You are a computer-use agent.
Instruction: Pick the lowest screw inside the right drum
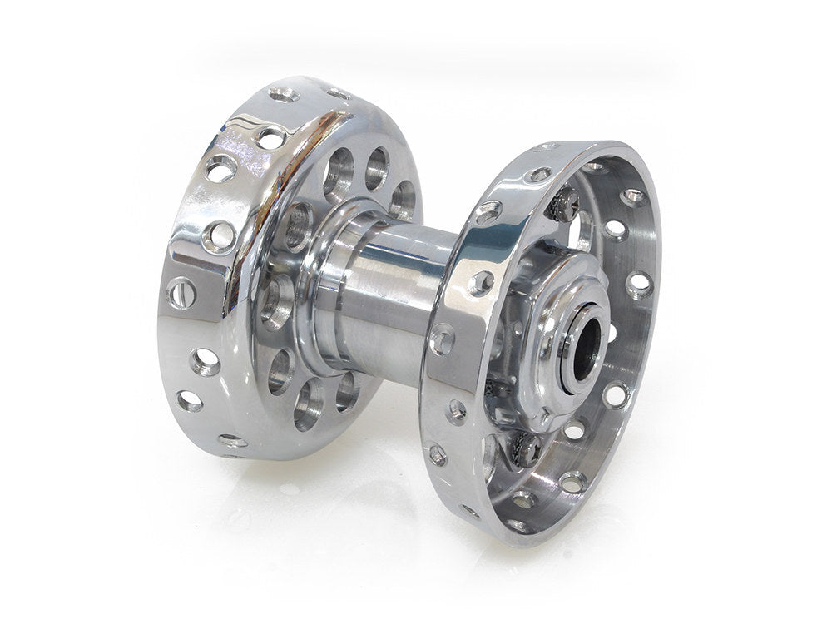pyautogui.click(x=528, y=448)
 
